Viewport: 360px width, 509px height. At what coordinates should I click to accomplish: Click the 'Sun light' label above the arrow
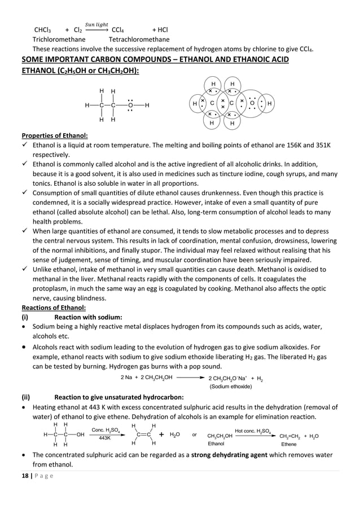click(x=96, y=24)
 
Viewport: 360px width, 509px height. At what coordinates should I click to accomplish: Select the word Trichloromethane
click(x=59, y=40)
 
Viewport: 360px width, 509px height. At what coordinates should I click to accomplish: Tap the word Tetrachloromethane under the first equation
click(x=139, y=40)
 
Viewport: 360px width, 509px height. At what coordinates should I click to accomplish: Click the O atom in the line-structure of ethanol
click(x=130, y=105)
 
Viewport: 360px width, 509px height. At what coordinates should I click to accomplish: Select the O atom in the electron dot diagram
click(x=252, y=103)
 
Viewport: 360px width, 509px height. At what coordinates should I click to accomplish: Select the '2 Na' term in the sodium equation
click(x=127, y=378)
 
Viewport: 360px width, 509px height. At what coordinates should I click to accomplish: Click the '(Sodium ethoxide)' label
click(x=230, y=387)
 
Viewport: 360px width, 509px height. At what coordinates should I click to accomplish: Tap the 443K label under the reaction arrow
click(x=104, y=438)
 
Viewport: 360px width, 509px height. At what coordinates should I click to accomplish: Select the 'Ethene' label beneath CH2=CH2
click(x=289, y=444)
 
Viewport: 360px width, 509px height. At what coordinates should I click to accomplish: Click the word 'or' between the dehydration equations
click(x=194, y=435)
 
